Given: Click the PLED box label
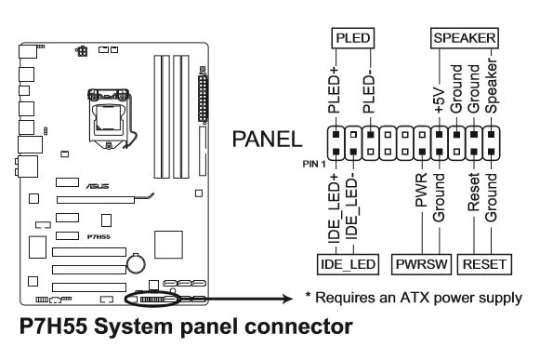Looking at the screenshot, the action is pos(352,38).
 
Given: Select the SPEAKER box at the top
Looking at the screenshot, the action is pos(465,38).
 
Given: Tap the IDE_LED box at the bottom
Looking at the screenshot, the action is pos(348,264).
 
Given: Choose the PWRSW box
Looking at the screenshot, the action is pos(421,264).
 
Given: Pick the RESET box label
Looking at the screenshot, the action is pos(484,264).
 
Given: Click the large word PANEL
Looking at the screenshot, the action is pos(267,139).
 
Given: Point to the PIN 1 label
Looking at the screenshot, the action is pos(314,164).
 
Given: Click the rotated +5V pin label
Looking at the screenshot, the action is pos(440,100).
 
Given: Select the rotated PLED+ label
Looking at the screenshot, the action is pos(334,89).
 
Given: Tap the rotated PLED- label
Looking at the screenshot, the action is pos(369,91).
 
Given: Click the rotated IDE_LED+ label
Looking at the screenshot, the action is pos(334,208).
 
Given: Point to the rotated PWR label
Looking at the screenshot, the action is pos(421,190).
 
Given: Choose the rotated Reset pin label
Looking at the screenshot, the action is pos(474,192).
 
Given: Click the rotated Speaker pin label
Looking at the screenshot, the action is pos(492,86).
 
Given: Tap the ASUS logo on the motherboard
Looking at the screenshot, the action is pos(98,186).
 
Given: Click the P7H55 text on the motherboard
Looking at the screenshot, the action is pos(99,237).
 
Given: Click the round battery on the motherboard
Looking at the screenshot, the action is pos(136,262).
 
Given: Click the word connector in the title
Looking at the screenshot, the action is pos(298,327).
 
